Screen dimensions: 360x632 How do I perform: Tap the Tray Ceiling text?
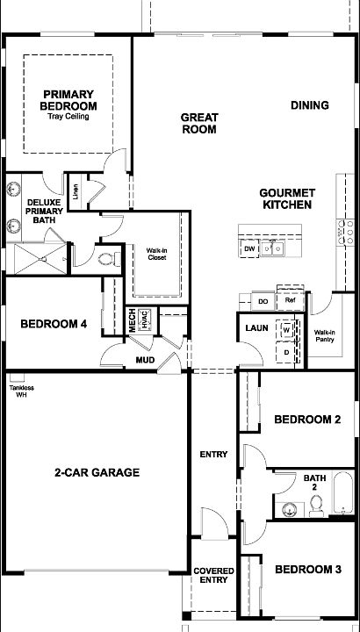[68, 117]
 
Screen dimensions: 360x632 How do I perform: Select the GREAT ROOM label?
[199, 124]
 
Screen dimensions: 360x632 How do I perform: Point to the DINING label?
[310, 105]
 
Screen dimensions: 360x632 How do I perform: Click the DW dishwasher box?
[249, 248]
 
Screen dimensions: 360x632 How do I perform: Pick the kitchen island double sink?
[272, 248]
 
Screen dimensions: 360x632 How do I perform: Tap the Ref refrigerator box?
[290, 300]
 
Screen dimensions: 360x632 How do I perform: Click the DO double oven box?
[263, 301]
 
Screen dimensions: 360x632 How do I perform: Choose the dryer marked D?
[286, 352]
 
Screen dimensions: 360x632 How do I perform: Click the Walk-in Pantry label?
[325, 336]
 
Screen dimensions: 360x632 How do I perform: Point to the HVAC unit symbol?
[145, 320]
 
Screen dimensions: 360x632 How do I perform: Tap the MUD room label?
[145, 360]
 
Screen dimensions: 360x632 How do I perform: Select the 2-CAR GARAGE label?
[97, 472]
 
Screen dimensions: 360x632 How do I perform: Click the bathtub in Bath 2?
[343, 492]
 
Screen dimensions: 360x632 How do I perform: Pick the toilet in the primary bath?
[109, 259]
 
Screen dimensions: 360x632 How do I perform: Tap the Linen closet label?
[76, 192]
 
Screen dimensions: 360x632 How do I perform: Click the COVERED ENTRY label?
[213, 576]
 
